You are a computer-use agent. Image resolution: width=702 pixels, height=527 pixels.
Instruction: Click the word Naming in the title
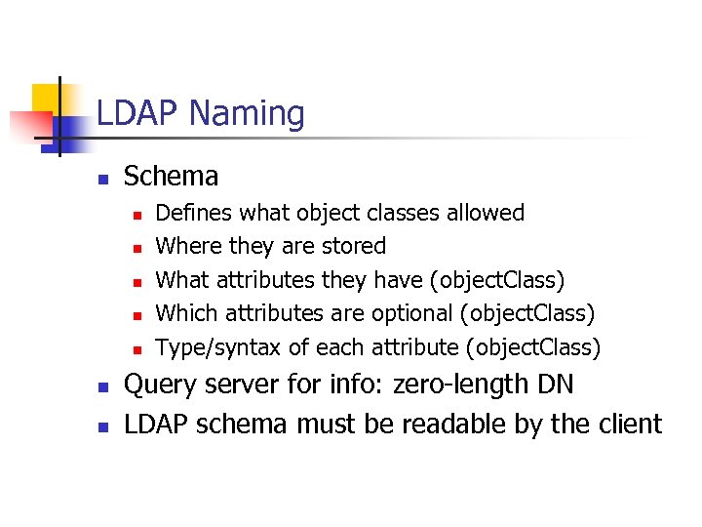tap(247, 115)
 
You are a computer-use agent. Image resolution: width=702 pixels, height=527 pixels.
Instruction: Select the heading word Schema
tap(171, 177)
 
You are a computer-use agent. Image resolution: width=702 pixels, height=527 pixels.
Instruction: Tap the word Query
tap(159, 385)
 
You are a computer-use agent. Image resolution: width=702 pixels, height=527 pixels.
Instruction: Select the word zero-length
tap(461, 385)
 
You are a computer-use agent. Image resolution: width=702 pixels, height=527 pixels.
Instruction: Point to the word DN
tap(555, 385)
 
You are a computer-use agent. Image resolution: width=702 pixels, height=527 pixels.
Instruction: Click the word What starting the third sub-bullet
tap(182, 280)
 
